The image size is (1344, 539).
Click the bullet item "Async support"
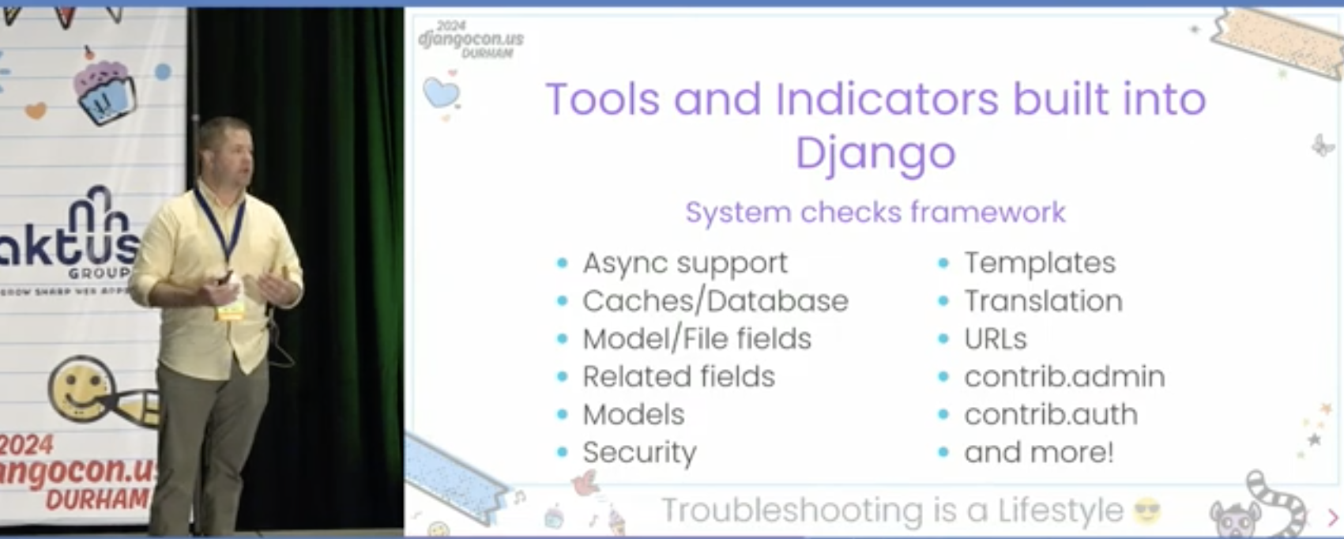tap(684, 263)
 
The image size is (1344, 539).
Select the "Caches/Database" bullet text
tap(715, 300)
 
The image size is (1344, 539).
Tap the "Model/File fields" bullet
tap(697, 338)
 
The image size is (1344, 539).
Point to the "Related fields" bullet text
tap(679, 376)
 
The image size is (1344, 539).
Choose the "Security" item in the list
tap(639, 453)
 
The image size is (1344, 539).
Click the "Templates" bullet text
tap(1040, 263)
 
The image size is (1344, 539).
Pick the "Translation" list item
tap(1043, 300)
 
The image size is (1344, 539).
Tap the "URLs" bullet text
tap(996, 338)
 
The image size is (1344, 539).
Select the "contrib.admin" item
tap(1064, 376)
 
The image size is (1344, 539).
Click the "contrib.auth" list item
tap(1051, 414)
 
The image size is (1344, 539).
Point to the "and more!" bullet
tap(1038, 452)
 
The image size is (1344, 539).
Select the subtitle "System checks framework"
tap(875, 212)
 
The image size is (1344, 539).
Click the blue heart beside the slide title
tap(441, 93)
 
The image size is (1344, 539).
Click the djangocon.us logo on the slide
tap(471, 39)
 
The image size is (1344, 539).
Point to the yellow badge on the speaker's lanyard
tap(231, 311)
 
